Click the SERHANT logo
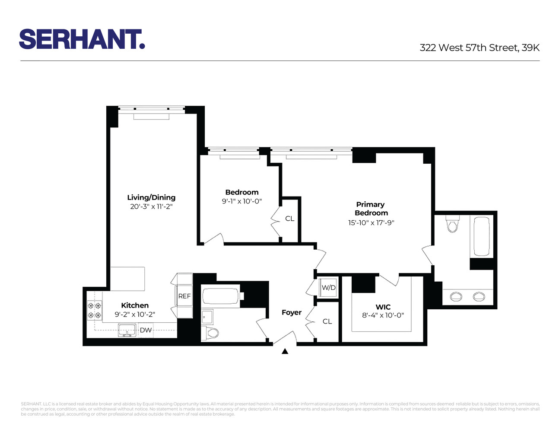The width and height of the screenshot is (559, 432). pos(82,39)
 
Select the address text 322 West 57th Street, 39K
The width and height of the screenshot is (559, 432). pos(480,48)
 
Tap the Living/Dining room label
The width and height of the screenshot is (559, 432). pos(151,197)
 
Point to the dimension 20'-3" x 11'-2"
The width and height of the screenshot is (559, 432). pos(151,206)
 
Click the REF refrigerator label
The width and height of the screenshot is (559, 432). pos(184,296)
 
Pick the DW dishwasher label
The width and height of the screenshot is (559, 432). pos(146,330)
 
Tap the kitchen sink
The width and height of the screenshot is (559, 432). pos(126,330)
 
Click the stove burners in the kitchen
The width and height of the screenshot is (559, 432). pos(95,310)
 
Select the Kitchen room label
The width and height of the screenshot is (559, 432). pos(135,305)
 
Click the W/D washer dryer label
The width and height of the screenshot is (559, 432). pos(328,288)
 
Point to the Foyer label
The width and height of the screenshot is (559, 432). pos(292,312)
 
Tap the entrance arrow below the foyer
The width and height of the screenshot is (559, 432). pos(285,352)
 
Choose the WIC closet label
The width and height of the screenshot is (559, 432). pos(383,307)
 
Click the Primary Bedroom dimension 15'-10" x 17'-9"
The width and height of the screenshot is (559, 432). pos(371,223)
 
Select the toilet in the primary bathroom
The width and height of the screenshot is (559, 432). pos(453,225)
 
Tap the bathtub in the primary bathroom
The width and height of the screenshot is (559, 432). pos(482,237)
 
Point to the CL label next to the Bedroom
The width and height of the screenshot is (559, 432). pos(289,219)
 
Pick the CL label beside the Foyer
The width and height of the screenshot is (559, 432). pos(327,321)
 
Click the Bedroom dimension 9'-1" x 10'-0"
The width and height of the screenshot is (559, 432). pos(242,201)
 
